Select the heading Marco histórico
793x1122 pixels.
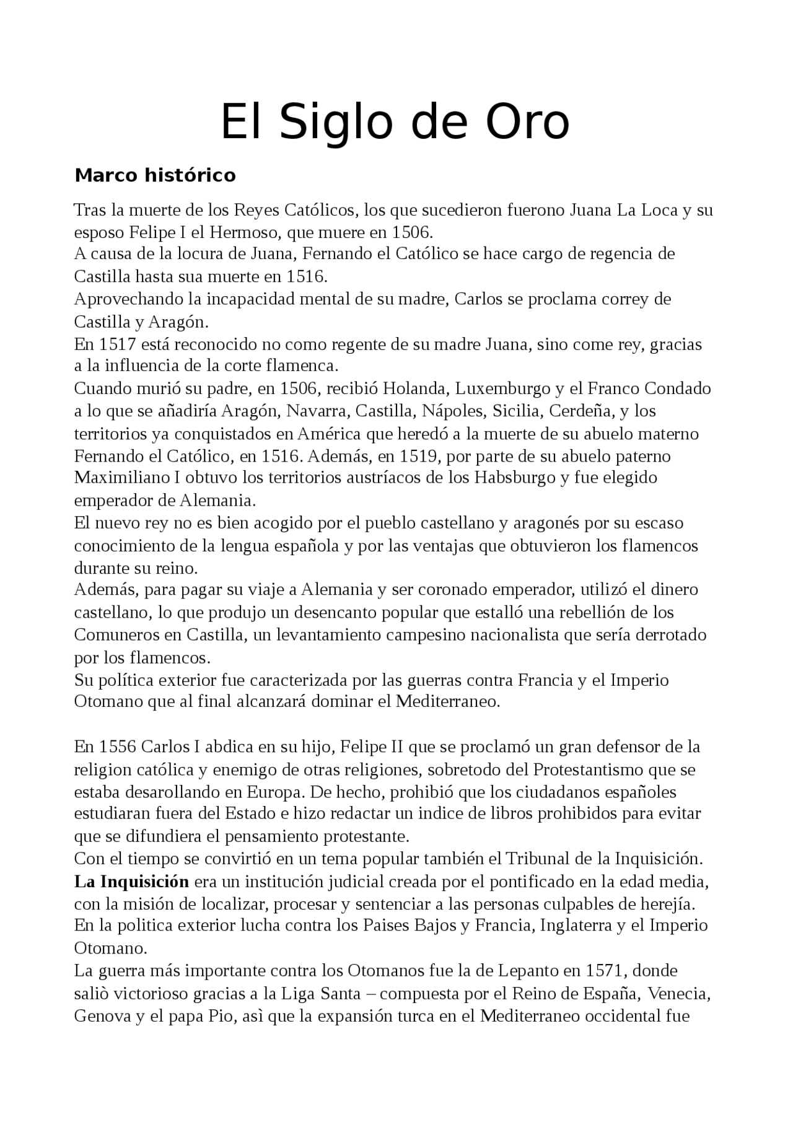coord(155,175)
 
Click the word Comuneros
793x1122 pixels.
coord(116,634)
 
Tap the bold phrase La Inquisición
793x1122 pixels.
coord(131,881)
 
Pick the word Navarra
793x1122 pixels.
coord(316,411)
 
